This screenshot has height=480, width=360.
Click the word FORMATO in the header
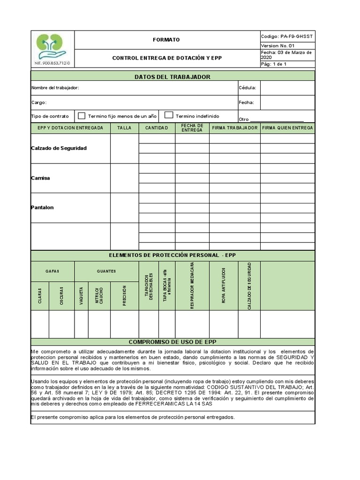pyautogui.click(x=166, y=40)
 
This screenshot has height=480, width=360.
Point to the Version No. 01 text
pyautogui.click(x=278, y=45)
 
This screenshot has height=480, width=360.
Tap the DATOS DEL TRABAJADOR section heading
pyautogui.click(x=172, y=77)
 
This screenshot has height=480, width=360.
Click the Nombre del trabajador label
pyautogui.click(x=55, y=88)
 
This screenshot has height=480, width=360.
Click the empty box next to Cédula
pyautogui.click(x=287, y=88)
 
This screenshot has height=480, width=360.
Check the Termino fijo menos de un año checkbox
pyautogui.click(x=82, y=116)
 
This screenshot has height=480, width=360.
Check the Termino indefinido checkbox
pyautogui.click(x=169, y=116)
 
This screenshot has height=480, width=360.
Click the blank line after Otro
pyautogui.click(x=276, y=119)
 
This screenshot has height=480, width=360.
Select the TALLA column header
pyautogui.click(x=125, y=128)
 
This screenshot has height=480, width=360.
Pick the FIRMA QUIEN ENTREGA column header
pyautogui.click(x=287, y=128)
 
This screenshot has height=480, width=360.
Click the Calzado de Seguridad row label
pyautogui.click(x=59, y=148)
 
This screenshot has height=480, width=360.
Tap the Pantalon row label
pyautogui.click(x=43, y=208)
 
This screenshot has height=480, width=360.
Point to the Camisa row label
pyautogui.click(x=41, y=178)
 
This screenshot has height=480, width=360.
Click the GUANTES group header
pyautogui.click(x=106, y=271)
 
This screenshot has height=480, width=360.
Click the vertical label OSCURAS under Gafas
pyautogui.click(x=61, y=296)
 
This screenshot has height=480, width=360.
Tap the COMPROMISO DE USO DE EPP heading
pyautogui.click(x=172, y=342)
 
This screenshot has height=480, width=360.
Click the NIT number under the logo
pyautogui.click(x=52, y=62)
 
